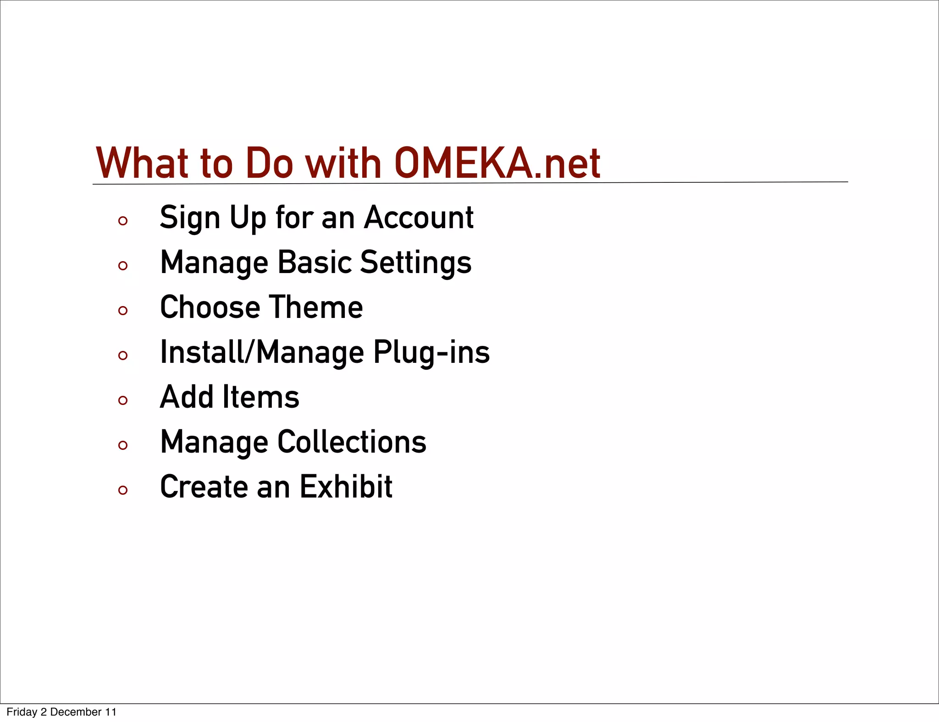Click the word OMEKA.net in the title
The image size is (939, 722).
(x=497, y=163)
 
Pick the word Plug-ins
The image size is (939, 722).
(x=431, y=352)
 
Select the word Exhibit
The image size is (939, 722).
(x=346, y=487)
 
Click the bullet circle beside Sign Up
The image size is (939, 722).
(x=122, y=221)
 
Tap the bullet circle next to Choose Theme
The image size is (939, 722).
(x=122, y=311)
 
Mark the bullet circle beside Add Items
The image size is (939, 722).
(x=122, y=401)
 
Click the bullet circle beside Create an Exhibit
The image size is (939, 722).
(x=122, y=491)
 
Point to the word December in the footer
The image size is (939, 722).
(x=76, y=712)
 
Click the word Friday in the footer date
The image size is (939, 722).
(x=22, y=712)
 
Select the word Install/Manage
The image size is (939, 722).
(x=262, y=352)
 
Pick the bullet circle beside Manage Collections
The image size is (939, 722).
(x=122, y=446)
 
